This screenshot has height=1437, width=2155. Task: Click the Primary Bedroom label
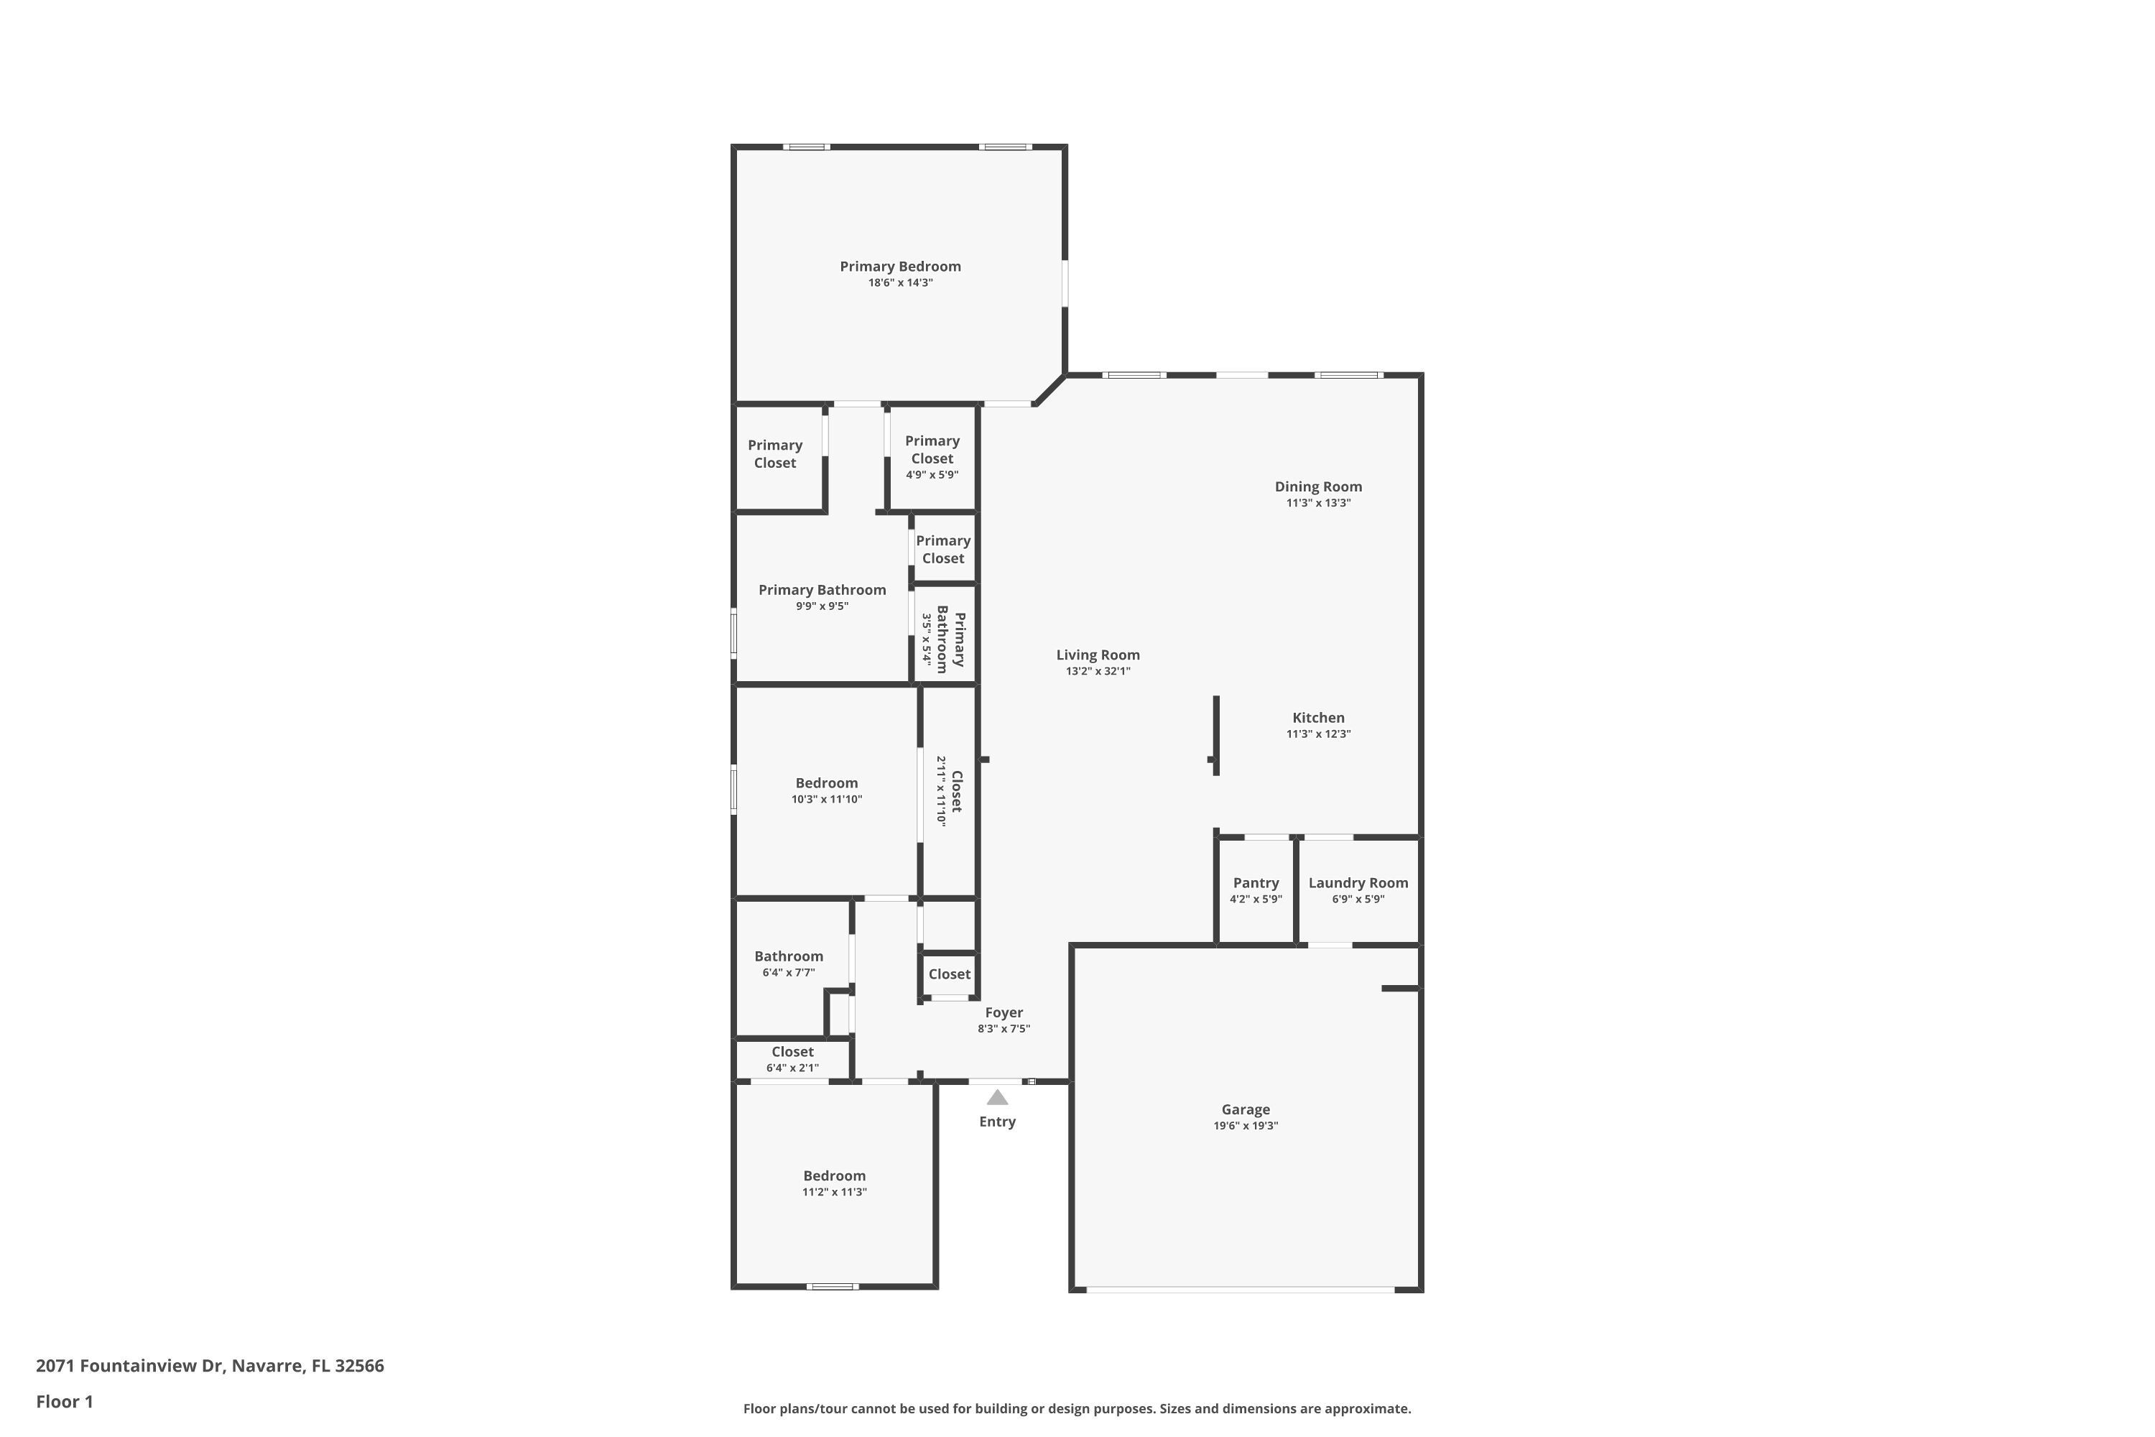pyautogui.click(x=900, y=267)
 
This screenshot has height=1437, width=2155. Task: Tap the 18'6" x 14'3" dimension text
pyautogui.click(x=900, y=283)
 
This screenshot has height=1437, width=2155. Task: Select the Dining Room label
pyautogui.click(x=1317, y=486)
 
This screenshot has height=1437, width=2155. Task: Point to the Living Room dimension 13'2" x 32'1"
pyautogui.click(x=1098, y=672)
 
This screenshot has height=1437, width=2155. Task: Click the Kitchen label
pyautogui.click(x=1317, y=718)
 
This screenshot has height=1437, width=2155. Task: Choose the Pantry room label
pyautogui.click(x=1255, y=882)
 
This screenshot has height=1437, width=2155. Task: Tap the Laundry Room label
pyautogui.click(x=1358, y=882)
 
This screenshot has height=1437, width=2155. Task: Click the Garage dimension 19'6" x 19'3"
pyautogui.click(x=1245, y=1125)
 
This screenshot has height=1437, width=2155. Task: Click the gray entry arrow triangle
pyautogui.click(x=997, y=1097)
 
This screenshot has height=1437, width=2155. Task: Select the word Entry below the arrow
pyautogui.click(x=997, y=1122)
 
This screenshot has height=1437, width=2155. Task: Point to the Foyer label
pyautogui.click(x=1004, y=1012)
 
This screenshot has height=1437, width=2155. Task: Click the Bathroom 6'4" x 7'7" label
pyautogui.click(x=788, y=956)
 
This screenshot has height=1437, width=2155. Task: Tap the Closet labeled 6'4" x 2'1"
pyautogui.click(x=792, y=1052)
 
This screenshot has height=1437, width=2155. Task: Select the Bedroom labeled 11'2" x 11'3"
pyautogui.click(x=834, y=1175)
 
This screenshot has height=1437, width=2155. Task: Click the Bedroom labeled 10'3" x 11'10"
pyautogui.click(x=827, y=782)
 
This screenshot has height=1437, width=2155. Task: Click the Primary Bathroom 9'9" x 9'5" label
pyautogui.click(x=822, y=590)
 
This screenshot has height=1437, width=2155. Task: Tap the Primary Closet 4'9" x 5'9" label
pyautogui.click(x=932, y=450)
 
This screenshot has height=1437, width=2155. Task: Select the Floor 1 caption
pyautogui.click(x=64, y=1401)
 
